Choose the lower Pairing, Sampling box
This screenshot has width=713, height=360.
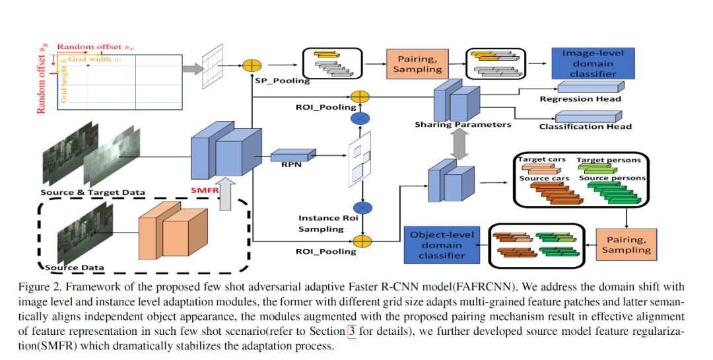[626, 243]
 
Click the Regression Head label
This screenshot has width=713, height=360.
[580, 99]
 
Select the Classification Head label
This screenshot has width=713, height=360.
[585, 126]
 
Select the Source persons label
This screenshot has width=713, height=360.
[610, 179]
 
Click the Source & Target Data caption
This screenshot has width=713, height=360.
[92, 193]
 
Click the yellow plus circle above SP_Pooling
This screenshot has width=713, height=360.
[252, 65]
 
